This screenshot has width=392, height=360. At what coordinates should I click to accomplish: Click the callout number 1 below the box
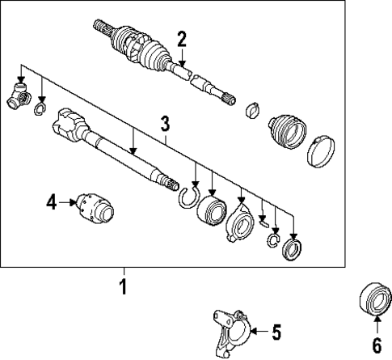124,286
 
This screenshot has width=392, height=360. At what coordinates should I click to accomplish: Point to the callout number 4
51,203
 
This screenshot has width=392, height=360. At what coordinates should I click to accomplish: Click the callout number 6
375,345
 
